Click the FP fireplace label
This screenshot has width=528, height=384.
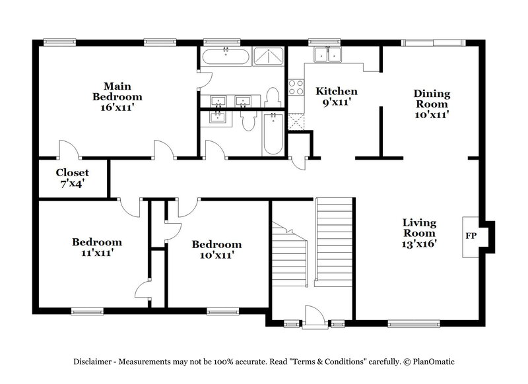(471, 236)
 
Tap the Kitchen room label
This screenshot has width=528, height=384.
(337, 91)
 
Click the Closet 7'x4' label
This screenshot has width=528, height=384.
(72, 178)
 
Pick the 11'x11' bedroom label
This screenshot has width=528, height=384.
(97, 252)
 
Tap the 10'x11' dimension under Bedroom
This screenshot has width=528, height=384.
(216, 255)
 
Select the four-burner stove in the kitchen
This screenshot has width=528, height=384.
(295, 87)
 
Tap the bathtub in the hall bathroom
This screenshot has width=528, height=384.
(273, 135)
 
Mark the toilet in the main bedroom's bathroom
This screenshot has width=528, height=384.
(273, 97)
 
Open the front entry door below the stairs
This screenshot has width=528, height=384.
(314, 315)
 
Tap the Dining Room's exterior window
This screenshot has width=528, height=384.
(425, 43)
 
